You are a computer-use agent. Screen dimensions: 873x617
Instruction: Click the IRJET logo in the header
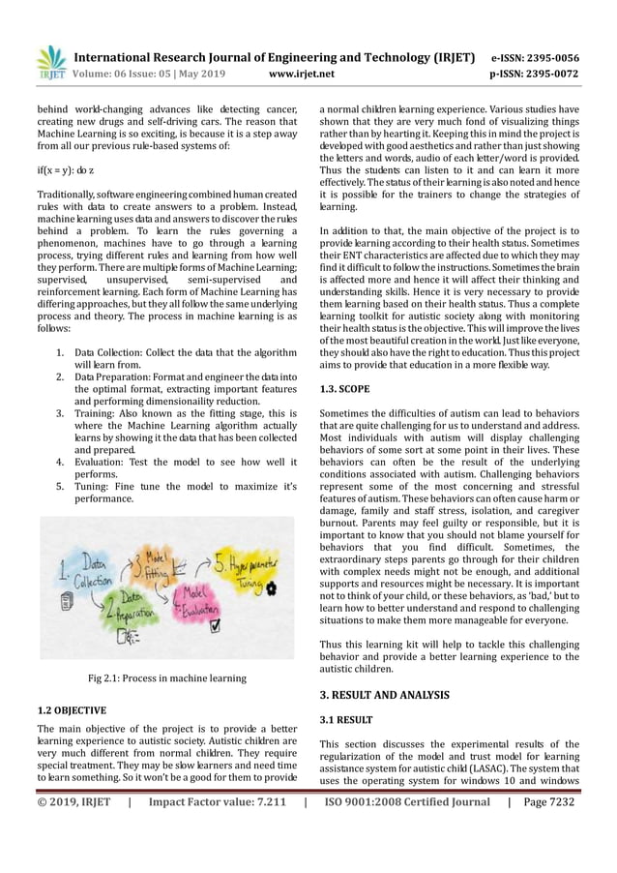tap(50, 62)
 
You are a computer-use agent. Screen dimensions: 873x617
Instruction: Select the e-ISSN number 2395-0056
tap(548, 57)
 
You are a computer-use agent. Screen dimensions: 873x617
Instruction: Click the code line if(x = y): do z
tap(68, 168)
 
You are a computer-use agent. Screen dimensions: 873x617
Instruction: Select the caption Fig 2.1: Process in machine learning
tap(167, 678)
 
